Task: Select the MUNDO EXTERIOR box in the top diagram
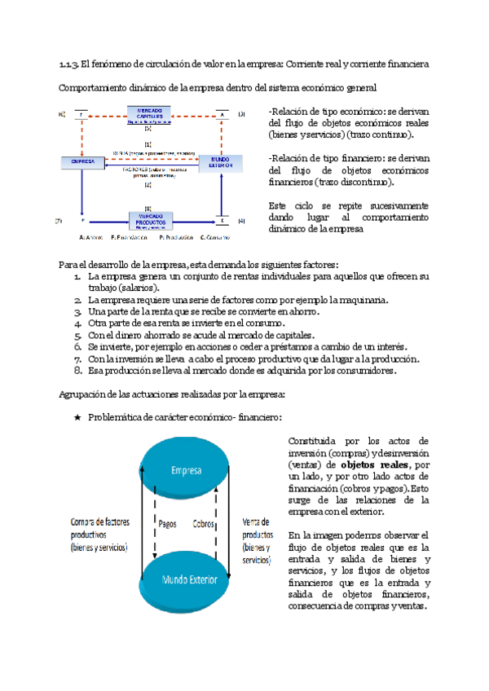click(221, 162)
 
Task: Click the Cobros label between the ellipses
click(206, 525)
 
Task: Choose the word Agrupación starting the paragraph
click(86, 394)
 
